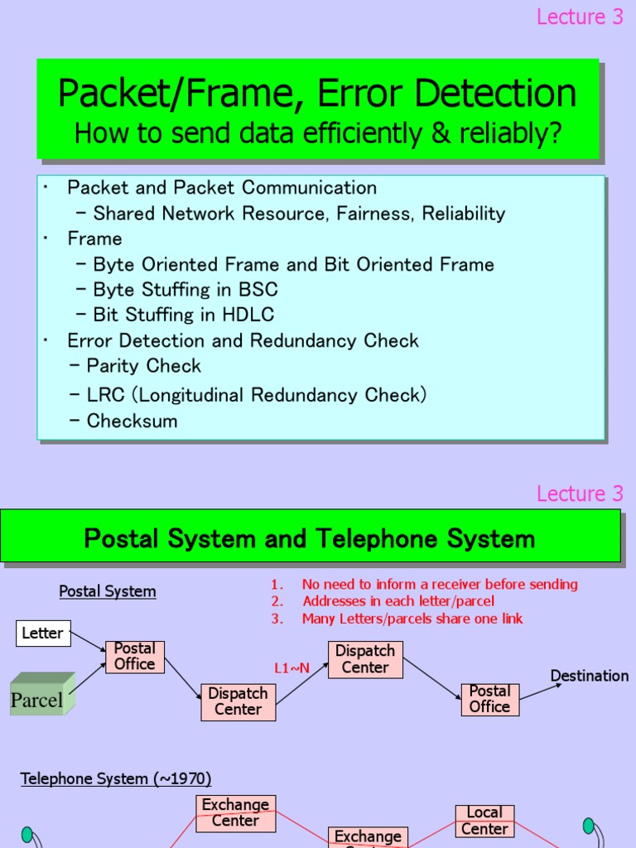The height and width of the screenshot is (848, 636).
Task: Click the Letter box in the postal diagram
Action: coord(43,634)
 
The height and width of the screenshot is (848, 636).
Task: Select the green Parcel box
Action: coord(42,694)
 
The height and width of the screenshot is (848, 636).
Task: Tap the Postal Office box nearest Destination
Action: coord(490,699)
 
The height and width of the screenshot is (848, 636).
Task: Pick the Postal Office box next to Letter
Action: coord(135,657)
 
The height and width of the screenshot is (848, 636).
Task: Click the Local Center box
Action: coord(484,821)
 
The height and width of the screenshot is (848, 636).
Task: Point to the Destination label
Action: coord(589,676)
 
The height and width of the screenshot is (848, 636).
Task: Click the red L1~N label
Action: coord(292,668)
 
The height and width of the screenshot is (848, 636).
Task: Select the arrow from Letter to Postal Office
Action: coord(88,641)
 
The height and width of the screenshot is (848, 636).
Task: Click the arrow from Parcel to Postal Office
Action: coord(88,677)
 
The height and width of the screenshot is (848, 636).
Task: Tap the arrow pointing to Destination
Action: coord(540,691)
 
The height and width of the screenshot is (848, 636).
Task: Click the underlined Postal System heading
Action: coord(108,591)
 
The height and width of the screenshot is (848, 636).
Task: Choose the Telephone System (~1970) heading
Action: coord(116,778)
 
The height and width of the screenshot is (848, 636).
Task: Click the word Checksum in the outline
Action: coord(132,421)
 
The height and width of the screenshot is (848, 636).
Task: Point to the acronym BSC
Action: coord(258,289)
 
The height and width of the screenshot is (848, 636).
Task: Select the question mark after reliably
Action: coord(554,132)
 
